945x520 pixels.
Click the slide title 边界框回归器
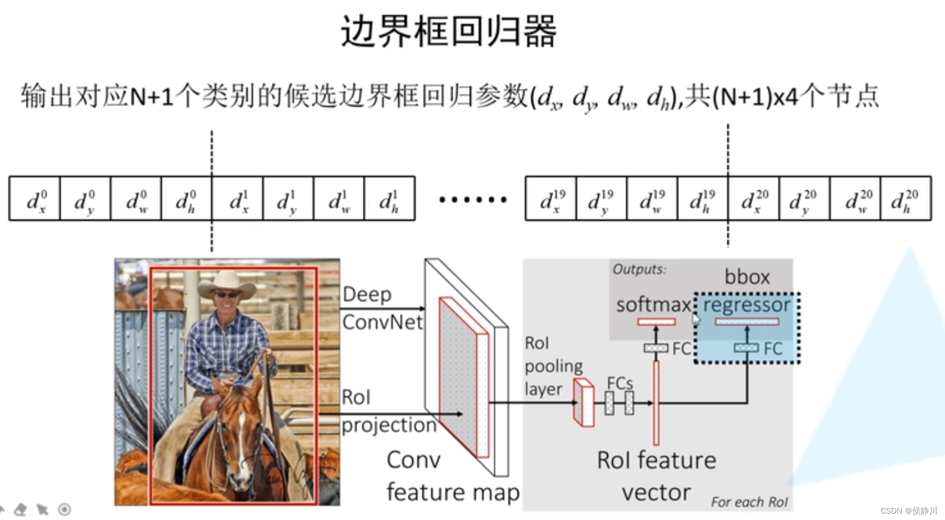(448, 31)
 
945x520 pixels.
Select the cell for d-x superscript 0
(35, 199)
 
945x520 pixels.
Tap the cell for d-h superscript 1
(389, 199)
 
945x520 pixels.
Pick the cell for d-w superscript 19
(652, 199)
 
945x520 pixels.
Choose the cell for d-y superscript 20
(804, 199)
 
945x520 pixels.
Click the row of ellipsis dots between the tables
(472, 199)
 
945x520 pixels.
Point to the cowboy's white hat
(227, 284)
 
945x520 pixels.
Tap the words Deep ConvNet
(382, 308)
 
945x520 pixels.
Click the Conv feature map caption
(452, 476)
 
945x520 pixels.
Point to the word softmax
(653, 305)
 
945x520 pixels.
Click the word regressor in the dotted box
(747, 305)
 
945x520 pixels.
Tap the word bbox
(747, 277)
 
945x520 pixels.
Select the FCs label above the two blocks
(620, 383)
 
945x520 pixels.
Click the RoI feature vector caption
(656, 476)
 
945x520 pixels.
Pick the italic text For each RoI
(749, 502)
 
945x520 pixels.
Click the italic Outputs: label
(639, 269)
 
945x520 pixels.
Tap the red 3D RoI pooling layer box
(584, 403)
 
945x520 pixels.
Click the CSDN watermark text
(908, 511)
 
